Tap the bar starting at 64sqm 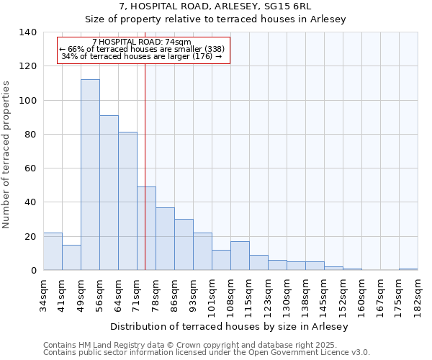(127, 201)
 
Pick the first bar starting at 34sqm (53, 251)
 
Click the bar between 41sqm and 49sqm (71, 257)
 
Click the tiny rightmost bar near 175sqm (408, 269)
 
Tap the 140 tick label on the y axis (27, 32)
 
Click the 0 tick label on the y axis (33, 271)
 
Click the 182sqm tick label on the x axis (418, 296)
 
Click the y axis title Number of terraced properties (7, 155)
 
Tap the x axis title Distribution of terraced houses (230, 326)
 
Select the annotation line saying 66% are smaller (143, 49)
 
